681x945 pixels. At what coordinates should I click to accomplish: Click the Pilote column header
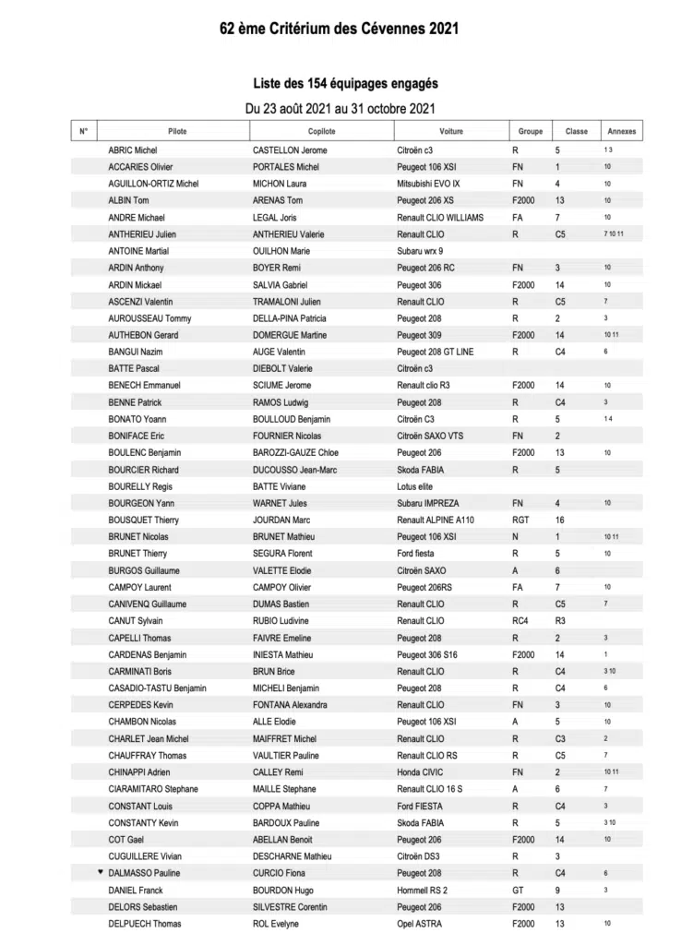[x=177, y=131]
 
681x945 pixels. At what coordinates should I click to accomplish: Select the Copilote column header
[x=321, y=131]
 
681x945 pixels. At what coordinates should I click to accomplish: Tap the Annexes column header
[x=622, y=131]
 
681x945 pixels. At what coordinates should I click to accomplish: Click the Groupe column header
[x=531, y=131]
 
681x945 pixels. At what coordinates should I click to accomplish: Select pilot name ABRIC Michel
[x=134, y=150]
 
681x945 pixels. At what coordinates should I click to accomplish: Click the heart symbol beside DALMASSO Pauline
[x=101, y=872]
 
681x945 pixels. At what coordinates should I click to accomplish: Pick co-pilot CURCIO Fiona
[x=281, y=873]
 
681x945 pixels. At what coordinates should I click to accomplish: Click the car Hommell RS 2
[x=422, y=890]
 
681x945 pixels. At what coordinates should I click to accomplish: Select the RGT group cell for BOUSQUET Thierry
[x=521, y=520]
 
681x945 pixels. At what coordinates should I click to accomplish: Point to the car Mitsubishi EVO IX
[x=428, y=184]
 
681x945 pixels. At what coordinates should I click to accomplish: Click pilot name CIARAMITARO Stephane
[x=153, y=789]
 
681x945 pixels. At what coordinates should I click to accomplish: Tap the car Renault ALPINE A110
[x=436, y=520]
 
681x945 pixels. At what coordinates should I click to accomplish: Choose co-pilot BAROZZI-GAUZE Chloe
[x=295, y=452]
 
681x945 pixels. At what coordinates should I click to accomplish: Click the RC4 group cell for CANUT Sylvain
[x=520, y=621]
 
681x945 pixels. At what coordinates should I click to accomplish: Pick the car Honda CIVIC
[x=419, y=772]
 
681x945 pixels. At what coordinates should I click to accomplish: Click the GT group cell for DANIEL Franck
[x=518, y=890]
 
